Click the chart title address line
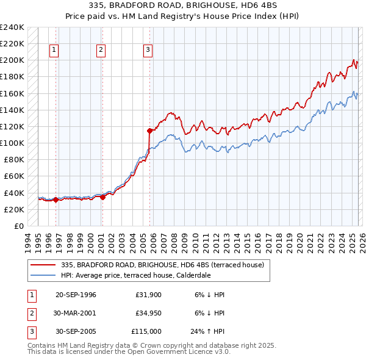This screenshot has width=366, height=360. pyautogui.click(x=183, y=5)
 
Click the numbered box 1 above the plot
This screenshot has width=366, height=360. pyautogui.click(x=54, y=51)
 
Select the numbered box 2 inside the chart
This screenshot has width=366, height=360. pyautogui.click(x=101, y=51)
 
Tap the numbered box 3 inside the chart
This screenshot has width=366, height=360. pyautogui.click(x=148, y=51)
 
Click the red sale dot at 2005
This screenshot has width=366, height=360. pyautogui.click(x=150, y=130)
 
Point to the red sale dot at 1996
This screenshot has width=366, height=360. pyautogui.click(x=56, y=200)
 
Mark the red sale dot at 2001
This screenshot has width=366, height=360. pyautogui.click(x=102, y=196)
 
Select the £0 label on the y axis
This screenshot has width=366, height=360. pyautogui.click(x=18, y=226)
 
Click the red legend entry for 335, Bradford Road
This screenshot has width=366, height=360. pyautogui.click(x=162, y=265)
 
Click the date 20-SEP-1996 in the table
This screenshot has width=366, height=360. pyautogui.click(x=76, y=295)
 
